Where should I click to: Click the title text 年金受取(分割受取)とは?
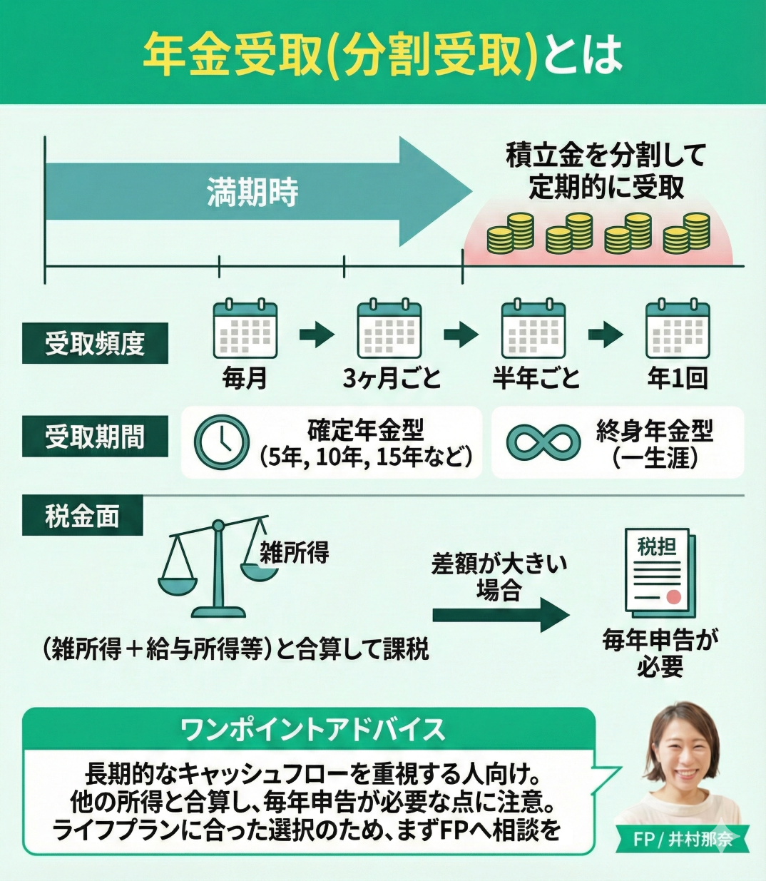382,54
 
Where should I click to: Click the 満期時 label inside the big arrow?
252,193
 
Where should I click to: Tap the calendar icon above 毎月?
245,329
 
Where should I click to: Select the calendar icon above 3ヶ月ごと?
389,329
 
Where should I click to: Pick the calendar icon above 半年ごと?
533,329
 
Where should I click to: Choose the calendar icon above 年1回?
678,329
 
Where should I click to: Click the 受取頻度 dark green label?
95,344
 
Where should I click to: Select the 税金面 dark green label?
82,516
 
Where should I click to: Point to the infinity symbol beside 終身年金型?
543,442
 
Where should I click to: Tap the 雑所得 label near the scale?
294,551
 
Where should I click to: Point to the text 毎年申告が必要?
660,653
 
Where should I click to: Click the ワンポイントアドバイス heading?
312,729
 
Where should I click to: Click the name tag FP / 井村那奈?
683,839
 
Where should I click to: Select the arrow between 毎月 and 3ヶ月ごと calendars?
317,334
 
